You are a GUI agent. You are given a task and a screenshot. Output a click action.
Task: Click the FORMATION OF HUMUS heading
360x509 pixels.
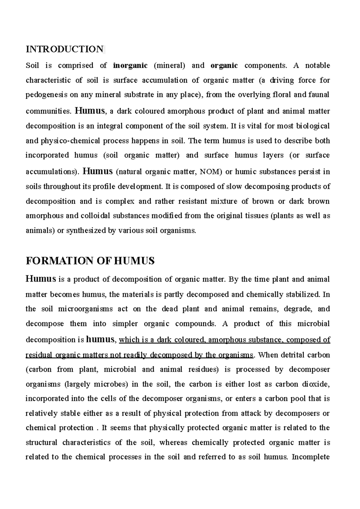point(90,261)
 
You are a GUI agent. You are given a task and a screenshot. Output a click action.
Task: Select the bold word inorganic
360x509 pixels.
point(130,65)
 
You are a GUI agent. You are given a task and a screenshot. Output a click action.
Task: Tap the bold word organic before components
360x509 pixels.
point(224,65)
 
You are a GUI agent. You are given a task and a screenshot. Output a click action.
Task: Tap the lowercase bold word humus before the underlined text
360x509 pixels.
point(100,339)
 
